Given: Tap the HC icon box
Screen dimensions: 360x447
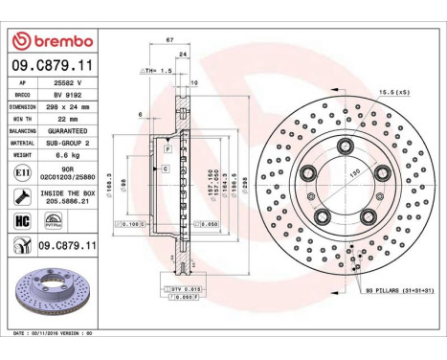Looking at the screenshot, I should click(x=20, y=219).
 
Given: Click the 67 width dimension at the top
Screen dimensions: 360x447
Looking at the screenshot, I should click(x=168, y=40).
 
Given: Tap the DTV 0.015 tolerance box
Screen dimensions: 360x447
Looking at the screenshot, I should click(x=186, y=286).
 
